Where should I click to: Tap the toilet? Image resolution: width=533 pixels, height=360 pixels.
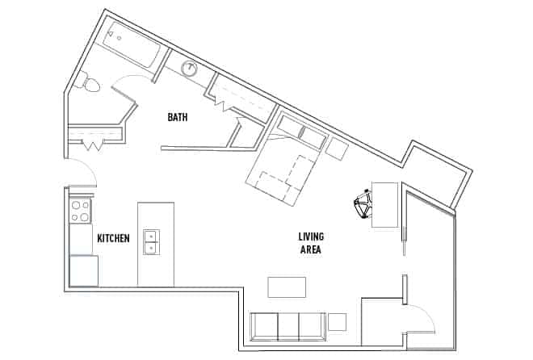88,81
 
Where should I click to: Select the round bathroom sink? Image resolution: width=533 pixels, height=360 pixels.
191,69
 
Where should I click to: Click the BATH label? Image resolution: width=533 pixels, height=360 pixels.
178,118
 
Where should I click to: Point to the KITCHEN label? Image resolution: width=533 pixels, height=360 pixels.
113,239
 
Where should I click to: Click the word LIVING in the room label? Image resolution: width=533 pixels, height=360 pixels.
311,237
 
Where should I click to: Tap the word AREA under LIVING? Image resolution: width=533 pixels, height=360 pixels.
311,250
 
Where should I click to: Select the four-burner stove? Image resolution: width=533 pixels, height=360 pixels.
80,211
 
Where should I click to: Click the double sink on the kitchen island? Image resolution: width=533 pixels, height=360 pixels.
151,241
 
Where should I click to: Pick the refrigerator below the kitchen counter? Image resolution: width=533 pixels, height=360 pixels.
83,270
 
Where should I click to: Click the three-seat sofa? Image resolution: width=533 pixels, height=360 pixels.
287,326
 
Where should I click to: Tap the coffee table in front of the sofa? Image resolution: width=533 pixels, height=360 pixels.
287,287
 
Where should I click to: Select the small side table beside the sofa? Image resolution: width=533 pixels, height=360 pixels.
338,321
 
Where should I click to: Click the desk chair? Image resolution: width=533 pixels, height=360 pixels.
363,204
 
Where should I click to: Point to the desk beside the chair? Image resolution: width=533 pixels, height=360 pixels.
384,204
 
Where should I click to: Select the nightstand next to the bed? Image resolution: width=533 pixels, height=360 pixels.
335,147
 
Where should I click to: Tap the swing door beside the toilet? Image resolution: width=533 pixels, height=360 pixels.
129,79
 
